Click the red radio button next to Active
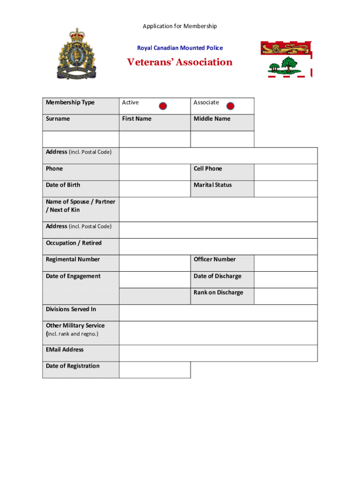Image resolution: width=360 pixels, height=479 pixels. pyautogui.click(x=163, y=106)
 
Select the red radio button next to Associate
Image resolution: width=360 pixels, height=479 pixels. pyautogui.click(x=230, y=106)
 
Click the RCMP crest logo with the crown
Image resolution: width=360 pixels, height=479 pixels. pyautogui.click(x=75, y=54)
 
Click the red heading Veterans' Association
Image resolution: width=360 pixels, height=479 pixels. pyautogui.click(x=180, y=63)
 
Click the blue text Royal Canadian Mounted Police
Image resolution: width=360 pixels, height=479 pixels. pyautogui.click(x=180, y=48)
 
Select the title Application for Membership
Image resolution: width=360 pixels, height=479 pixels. pyautogui.click(x=180, y=26)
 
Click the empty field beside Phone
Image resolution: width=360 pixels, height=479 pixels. pyautogui.click(x=155, y=172)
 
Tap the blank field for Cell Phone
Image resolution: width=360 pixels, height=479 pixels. pyautogui.click(x=286, y=172)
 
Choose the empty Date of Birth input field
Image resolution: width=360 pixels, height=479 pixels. pyautogui.click(x=155, y=189)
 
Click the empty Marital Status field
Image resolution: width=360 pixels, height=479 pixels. pyautogui.click(x=286, y=189)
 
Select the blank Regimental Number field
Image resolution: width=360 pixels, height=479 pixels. pyautogui.click(x=155, y=263)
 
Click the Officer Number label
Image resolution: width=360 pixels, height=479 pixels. pyautogui.click(x=215, y=260)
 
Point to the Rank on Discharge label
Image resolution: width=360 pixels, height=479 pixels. pyautogui.click(x=218, y=293)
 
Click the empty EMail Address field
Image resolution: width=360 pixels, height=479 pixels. pyautogui.click(x=218, y=353)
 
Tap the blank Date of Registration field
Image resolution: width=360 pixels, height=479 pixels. pyautogui.click(x=155, y=370)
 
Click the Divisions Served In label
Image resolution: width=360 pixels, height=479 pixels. pyautogui.click(x=71, y=309)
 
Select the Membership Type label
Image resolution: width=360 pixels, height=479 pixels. pyautogui.click(x=70, y=102)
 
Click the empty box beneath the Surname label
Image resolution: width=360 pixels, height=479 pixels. pyautogui.click(x=81, y=139)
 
